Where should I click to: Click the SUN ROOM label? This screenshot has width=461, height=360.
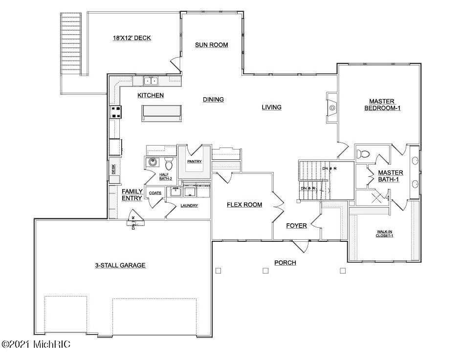tap(212, 45)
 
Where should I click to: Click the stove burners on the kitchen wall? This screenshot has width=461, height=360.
tap(116, 112)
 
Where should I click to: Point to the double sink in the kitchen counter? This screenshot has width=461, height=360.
tap(151, 81)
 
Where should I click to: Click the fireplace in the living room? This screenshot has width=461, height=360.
tap(332, 107)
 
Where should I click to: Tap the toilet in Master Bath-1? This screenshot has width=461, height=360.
tap(364, 154)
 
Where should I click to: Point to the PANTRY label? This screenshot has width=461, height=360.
tap(195, 162)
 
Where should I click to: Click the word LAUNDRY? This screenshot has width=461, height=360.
tap(189, 206)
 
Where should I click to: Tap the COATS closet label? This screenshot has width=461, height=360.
tap(155, 193)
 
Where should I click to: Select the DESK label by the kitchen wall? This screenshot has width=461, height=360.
tap(113, 169)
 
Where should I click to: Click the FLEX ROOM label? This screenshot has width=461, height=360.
tap(244, 205)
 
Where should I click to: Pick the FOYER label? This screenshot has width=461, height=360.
tap(297, 226)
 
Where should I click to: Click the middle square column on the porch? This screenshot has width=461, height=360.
tap(265, 270)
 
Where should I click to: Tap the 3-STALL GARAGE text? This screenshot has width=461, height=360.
tap(120, 266)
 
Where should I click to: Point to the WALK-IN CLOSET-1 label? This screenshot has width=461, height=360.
tap(385, 233)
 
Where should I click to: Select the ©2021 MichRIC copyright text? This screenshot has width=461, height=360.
tap(36, 345)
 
